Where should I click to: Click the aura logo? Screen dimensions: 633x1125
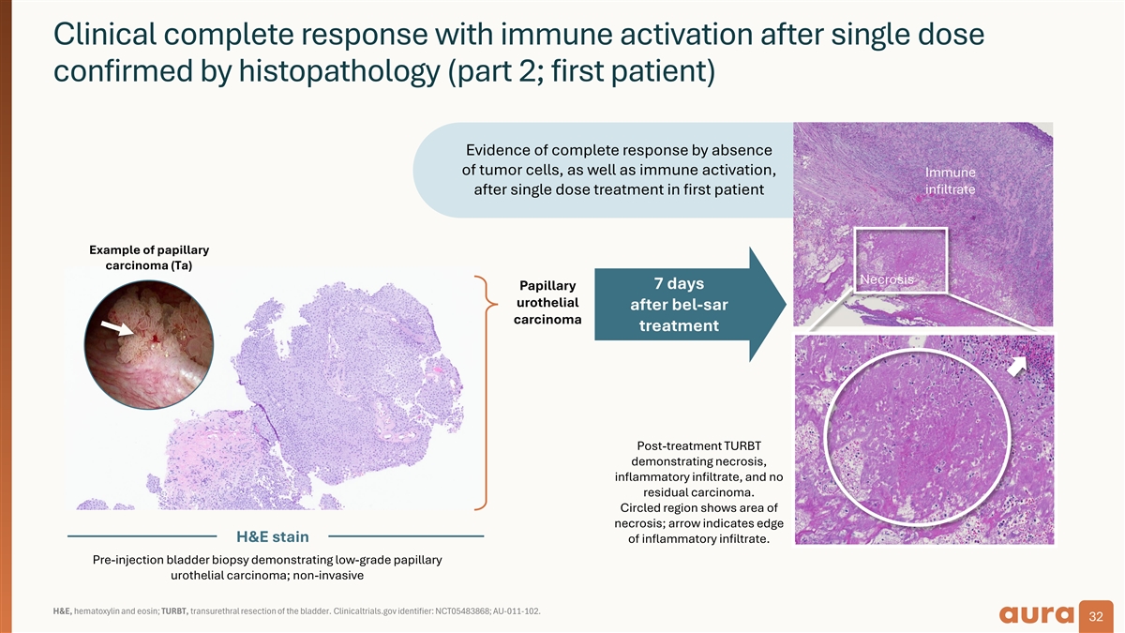pyautogui.click(x=1037, y=614)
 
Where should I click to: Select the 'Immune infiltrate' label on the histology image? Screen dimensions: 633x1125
pyautogui.click(x=950, y=181)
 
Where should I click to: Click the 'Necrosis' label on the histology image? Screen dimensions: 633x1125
pyautogui.click(x=886, y=279)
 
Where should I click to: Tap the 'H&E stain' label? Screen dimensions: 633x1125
pyautogui.click(x=271, y=536)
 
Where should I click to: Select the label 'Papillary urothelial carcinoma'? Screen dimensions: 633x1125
pyautogui.click(x=547, y=302)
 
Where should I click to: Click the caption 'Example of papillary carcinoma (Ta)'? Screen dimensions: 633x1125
pyautogui.click(x=148, y=258)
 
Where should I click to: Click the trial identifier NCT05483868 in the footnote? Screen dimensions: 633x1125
pyautogui.click(x=446, y=611)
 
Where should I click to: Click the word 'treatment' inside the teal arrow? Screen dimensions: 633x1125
pyautogui.click(x=678, y=326)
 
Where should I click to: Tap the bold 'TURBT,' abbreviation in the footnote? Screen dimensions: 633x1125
pyautogui.click(x=176, y=611)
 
